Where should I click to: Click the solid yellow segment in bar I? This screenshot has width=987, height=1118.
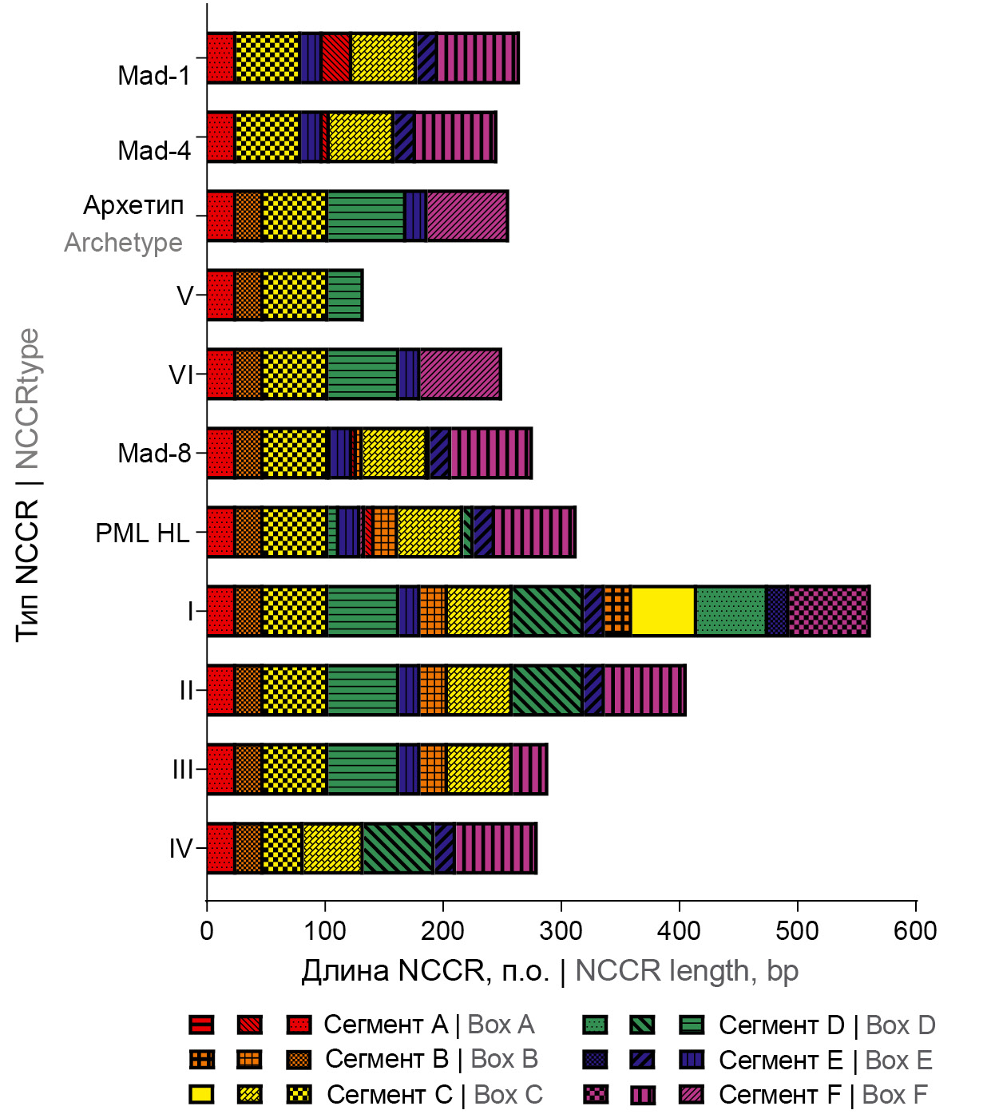[663, 612]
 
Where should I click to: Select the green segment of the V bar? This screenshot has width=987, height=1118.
[345, 295]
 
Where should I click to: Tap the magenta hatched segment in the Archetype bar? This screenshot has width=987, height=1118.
[467, 216]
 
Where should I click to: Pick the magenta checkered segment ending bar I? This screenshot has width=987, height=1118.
[828, 612]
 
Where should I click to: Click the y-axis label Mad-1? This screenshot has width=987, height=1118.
[154, 76]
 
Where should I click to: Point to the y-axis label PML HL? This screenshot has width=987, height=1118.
[142, 533]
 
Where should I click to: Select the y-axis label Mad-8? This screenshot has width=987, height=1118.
[154, 454]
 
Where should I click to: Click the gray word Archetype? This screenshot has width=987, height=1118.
[123, 243]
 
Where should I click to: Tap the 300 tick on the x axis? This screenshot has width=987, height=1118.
[561, 931]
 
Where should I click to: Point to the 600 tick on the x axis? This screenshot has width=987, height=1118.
[915, 931]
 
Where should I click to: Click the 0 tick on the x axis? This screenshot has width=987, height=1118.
[207, 931]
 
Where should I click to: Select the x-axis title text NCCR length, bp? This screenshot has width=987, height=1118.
[687, 971]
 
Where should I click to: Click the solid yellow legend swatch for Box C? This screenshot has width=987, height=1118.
[201, 1094]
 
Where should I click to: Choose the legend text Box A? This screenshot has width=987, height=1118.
[501, 1025]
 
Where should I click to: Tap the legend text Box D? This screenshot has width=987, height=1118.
[900, 1025]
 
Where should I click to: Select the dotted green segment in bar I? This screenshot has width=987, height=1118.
[731, 612]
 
